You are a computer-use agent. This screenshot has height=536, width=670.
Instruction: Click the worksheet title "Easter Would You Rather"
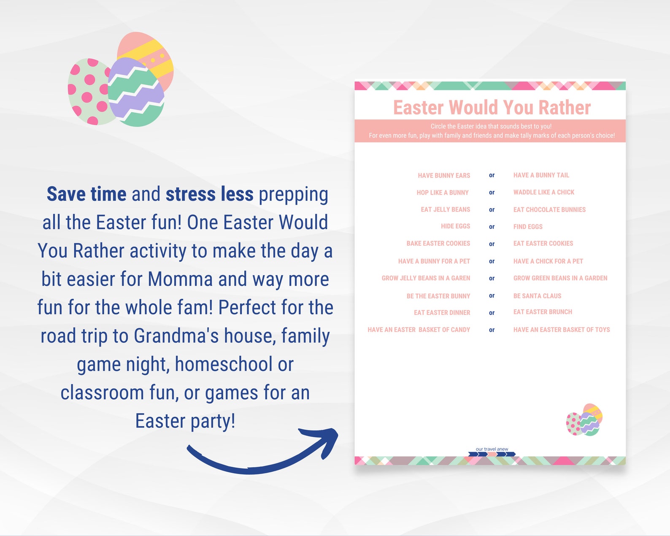click(492, 108)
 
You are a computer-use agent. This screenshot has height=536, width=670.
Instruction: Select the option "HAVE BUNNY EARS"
click(444, 176)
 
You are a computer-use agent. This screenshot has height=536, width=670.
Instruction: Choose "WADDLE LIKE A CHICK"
click(544, 192)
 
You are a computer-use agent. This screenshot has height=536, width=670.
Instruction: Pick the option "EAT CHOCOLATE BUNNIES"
click(549, 210)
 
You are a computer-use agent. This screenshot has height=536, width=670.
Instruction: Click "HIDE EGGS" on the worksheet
click(455, 227)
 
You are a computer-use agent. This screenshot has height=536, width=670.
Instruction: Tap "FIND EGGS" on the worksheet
click(528, 227)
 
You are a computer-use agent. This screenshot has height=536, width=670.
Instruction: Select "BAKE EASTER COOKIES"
click(438, 244)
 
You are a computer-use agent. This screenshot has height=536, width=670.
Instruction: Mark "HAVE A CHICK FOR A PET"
click(548, 261)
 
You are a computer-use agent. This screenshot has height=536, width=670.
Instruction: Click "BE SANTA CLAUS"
click(537, 296)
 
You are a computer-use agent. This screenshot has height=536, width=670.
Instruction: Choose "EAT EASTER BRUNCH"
click(543, 312)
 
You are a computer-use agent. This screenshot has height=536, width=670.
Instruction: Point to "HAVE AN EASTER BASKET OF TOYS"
click(562, 330)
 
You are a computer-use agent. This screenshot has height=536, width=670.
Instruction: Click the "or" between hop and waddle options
click(492, 192)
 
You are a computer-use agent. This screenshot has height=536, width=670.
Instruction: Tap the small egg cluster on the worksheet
click(584, 420)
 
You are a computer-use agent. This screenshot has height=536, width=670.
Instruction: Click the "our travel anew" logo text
click(492, 449)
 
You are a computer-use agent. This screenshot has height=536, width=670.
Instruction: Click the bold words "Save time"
click(86, 194)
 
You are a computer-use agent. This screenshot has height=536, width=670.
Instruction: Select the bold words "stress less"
click(209, 194)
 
